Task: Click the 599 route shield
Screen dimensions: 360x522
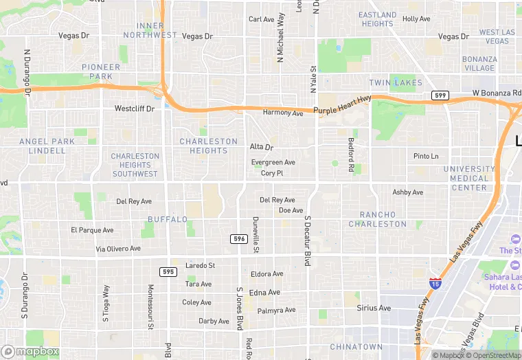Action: [440, 95]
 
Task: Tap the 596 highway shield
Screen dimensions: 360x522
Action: [238, 238]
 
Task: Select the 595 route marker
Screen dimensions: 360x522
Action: [168, 272]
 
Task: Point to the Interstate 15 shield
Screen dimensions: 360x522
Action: [435, 282]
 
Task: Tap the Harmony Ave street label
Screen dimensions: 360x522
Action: [283, 113]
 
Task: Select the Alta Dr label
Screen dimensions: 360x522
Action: [261, 147]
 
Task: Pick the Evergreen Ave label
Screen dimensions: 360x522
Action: [273, 163]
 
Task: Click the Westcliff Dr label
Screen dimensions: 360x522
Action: [134, 109]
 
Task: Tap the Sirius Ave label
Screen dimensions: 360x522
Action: [374, 308]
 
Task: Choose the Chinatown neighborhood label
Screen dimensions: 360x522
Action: [356, 347]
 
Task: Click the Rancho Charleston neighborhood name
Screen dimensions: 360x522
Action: [377, 218]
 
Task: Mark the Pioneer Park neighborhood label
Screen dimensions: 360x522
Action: [101, 71]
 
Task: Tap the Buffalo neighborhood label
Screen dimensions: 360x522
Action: [168, 220]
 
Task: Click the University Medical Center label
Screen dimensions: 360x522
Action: [469, 178]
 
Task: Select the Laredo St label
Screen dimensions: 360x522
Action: [201, 265]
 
